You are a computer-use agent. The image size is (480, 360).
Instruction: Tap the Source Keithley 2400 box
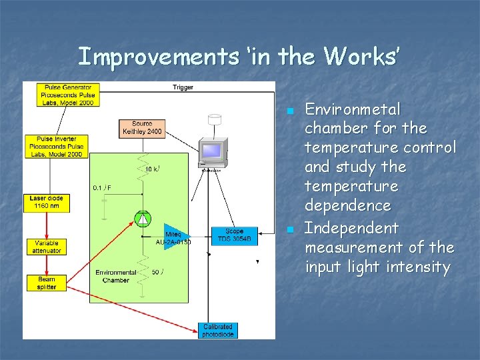coord(142,127)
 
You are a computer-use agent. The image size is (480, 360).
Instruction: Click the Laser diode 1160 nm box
coord(46,202)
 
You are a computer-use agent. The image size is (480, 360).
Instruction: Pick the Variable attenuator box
coord(46,247)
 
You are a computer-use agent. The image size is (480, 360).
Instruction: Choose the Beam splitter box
coord(47,283)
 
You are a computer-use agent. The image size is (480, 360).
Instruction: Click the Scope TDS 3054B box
coord(234,235)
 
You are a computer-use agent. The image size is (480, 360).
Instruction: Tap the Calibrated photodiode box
coord(218,330)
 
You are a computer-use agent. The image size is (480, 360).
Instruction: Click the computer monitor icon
coord(212,151)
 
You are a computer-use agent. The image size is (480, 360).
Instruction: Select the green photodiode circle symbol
coord(142,218)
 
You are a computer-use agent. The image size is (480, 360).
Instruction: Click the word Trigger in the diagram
coord(183,87)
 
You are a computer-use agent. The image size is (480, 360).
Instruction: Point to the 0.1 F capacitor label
coord(102,188)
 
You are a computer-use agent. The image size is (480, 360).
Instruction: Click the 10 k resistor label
coord(152,169)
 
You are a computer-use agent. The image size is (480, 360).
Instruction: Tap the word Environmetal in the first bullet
coord(353,109)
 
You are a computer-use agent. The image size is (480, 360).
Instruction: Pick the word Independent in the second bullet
coord(352,228)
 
